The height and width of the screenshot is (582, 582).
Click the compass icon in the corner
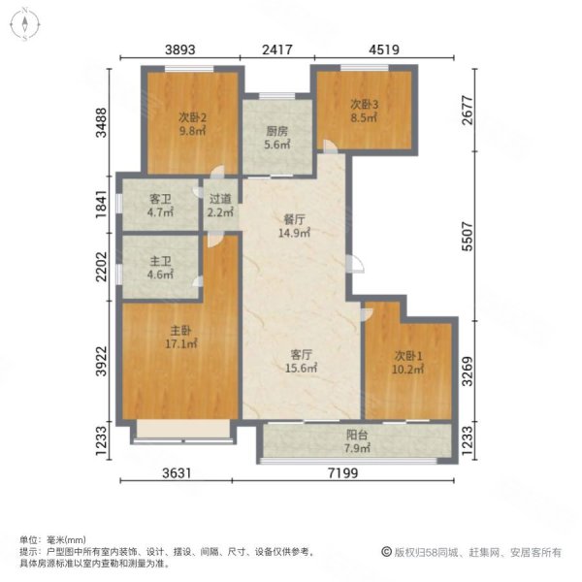(x=24, y=25)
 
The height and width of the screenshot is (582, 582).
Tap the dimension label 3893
(x=180, y=49)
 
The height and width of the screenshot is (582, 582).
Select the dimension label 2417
(x=277, y=49)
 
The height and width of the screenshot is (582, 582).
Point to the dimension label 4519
(x=384, y=49)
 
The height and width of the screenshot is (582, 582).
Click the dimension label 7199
(x=343, y=473)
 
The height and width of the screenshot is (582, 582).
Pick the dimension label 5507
(x=468, y=237)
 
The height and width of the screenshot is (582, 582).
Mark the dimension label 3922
(x=101, y=361)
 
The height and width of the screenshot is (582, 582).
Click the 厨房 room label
(x=276, y=131)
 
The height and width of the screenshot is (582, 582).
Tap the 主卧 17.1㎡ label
(x=180, y=337)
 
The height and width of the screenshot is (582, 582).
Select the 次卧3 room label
(x=364, y=105)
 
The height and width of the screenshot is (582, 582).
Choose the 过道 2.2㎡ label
(x=220, y=206)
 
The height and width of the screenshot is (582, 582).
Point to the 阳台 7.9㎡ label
(x=357, y=441)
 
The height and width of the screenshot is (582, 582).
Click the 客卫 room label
(x=160, y=199)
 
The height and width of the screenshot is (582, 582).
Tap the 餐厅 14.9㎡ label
(x=294, y=226)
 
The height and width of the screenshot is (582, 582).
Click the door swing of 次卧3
(x=330, y=146)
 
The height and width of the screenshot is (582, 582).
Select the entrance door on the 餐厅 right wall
(x=355, y=264)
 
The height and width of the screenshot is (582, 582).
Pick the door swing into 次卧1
(x=367, y=314)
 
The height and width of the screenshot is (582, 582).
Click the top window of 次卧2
(x=189, y=69)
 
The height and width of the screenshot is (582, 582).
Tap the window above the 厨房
(x=276, y=96)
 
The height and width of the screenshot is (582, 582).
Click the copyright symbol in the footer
(x=386, y=552)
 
